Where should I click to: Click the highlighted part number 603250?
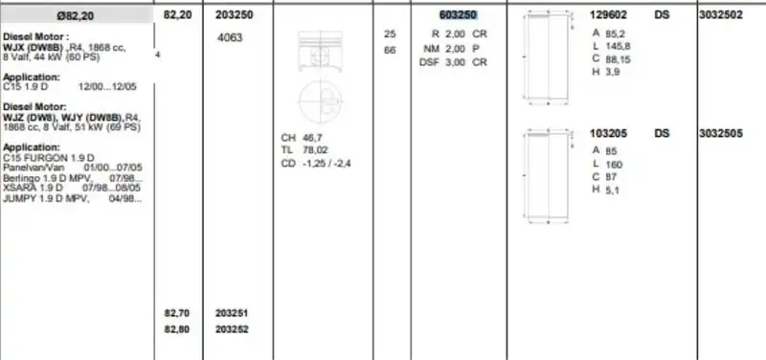pos(456,15)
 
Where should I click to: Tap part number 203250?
pos(235,15)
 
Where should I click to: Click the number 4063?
pos(231,38)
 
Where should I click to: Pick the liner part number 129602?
pos(609,15)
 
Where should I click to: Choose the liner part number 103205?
pos(609,134)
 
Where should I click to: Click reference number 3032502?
pos(719,15)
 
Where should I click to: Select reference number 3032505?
pos(720,134)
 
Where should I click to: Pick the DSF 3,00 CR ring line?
pos(455,62)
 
